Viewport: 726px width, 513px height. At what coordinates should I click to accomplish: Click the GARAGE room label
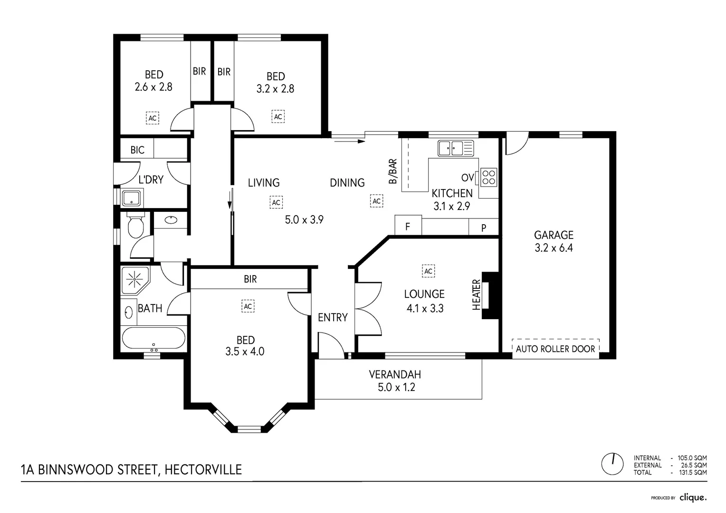click(x=554, y=235)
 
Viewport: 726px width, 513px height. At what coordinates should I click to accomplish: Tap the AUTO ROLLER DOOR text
click(x=555, y=349)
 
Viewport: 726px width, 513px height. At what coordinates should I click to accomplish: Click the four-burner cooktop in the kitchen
click(x=489, y=177)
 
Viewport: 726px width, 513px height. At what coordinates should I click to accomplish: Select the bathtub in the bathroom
click(x=153, y=338)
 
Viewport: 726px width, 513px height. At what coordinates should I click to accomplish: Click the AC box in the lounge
click(x=428, y=271)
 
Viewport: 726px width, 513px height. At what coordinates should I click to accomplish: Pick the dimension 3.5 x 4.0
click(x=245, y=352)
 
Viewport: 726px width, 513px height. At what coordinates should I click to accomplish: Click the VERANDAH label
click(x=395, y=375)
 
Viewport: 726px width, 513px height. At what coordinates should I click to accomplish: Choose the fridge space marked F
click(x=408, y=227)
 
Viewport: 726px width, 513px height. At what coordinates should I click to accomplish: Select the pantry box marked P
click(x=484, y=228)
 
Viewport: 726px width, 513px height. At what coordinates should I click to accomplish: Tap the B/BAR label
click(x=393, y=171)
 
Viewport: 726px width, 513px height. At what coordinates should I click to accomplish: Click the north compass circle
click(x=612, y=464)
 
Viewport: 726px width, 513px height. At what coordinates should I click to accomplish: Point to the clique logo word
click(x=693, y=497)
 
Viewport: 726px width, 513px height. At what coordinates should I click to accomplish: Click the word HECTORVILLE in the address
click(x=203, y=470)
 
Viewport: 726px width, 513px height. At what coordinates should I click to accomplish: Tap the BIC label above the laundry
click(x=137, y=150)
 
